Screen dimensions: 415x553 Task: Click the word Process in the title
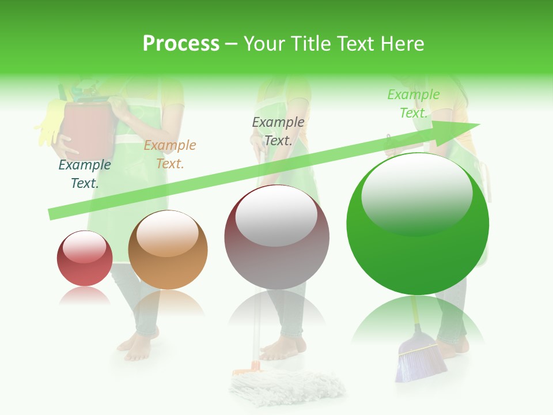[x=181, y=44]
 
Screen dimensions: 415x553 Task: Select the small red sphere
[x=85, y=258]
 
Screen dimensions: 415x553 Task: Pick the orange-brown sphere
[x=168, y=250]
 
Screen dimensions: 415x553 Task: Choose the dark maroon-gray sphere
[x=276, y=237]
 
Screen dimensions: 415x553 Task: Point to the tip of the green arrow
[x=478, y=124]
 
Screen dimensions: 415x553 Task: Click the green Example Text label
[x=414, y=104]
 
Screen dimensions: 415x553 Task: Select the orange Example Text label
[x=170, y=154]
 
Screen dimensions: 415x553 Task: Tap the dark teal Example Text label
[x=85, y=174]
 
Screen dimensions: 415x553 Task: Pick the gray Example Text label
[x=278, y=131]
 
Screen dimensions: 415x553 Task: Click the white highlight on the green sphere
[x=416, y=193]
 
